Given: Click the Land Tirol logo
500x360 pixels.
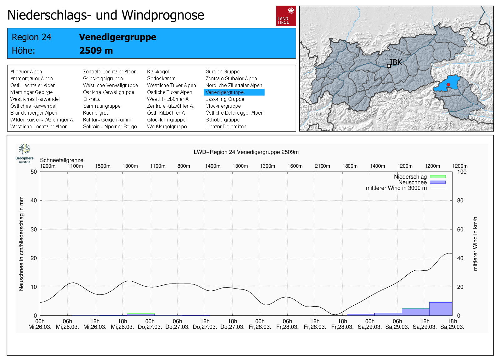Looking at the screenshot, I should [x=286, y=16].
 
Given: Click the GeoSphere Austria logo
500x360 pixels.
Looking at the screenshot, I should [x=24, y=153].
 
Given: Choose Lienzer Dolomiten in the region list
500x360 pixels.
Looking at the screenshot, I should [x=226, y=126].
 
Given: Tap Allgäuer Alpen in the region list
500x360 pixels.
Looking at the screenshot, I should [x=26, y=72].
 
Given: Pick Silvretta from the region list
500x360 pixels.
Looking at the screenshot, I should [x=92, y=99].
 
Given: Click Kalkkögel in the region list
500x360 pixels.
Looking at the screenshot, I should [x=158, y=72].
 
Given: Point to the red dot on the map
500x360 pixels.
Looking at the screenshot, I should [x=448, y=85].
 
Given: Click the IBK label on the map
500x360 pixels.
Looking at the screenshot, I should [x=396, y=62].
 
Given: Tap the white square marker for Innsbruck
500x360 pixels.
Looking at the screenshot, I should [x=389, y=66].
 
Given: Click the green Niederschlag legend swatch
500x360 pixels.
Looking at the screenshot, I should [x=437, y=177].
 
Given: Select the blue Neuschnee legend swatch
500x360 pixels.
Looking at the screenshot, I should [x=437, y=182].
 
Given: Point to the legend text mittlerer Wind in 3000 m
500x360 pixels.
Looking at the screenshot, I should [x=396, y=188].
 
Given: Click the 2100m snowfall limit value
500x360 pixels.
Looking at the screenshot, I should [x=322, y=166].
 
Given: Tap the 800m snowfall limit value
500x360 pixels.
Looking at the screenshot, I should [x=184, y=166].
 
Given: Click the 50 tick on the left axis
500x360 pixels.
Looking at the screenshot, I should [x=34, y=172].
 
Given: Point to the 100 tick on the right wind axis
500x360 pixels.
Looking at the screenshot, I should [x=462, y=172].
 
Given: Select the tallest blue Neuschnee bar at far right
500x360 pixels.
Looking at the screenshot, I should [x=441, y=309].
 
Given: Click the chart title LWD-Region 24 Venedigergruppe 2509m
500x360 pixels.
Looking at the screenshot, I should [x=246, y=152].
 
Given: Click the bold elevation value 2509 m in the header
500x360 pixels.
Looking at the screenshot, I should [x=96, y=51].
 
